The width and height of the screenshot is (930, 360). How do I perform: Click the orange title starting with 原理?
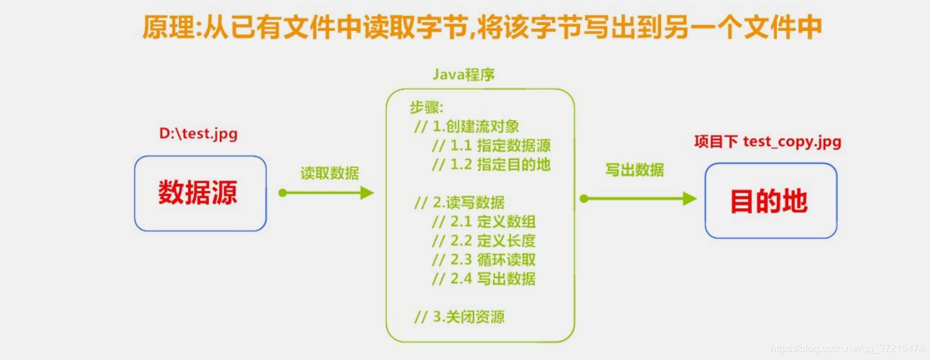[482, 28]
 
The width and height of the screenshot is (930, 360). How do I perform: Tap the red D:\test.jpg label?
[198, 134]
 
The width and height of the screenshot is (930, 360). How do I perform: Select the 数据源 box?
[200, 193]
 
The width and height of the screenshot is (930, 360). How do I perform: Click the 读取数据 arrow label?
[329, 173]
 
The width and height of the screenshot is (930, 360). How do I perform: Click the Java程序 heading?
[463, 75]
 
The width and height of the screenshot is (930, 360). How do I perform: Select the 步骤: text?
[427, 108]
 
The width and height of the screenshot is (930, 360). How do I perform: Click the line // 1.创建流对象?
[467, 127]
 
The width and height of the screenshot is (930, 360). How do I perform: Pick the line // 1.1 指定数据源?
[491, 146]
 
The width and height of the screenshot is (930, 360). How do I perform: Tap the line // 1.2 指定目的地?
[491, 165]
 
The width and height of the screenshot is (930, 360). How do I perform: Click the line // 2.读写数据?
[459, 203]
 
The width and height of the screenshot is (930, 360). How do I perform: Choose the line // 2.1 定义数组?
[484, 222]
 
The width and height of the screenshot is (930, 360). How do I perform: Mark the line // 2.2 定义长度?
[484, 240]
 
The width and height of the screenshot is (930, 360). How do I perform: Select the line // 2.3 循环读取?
[484, 259]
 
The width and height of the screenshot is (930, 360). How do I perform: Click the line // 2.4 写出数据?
[484, 279]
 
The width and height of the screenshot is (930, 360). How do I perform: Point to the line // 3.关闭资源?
[459, 317]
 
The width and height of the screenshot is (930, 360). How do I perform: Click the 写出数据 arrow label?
[634, 170]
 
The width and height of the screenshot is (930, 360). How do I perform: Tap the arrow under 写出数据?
[638, 199]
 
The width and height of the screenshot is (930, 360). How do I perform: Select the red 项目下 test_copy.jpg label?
[768, 142]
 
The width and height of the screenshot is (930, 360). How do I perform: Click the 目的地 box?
[771, 201]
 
